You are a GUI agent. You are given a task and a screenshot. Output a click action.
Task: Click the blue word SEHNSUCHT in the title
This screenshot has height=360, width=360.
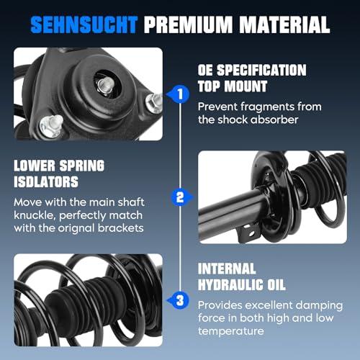(x=84, y=24)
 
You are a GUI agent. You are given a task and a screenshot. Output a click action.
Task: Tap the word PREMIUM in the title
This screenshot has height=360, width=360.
(x=189, y=24)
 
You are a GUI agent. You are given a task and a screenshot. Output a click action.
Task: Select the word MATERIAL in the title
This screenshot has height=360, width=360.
(x=285, y=24)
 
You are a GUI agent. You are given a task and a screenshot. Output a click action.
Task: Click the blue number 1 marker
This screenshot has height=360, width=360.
(x=179, y=94)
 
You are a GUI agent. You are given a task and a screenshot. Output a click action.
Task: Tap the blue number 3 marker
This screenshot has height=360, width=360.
(x=179, y=300)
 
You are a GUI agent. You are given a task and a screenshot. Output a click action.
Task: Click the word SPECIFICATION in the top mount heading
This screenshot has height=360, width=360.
(x=261, y=70)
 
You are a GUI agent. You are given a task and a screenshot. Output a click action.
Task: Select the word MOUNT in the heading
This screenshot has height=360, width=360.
(x=246, y=86)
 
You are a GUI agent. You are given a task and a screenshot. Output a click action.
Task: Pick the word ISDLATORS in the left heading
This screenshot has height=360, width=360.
(x=46, y=181)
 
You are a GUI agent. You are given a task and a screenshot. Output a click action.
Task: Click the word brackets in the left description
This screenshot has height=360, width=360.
(x=121, y=228)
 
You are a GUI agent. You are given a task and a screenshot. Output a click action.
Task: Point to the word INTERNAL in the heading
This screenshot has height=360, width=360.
(x=227, y=269)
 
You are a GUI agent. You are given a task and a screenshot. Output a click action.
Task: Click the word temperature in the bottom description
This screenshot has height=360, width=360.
(x=231, y=331)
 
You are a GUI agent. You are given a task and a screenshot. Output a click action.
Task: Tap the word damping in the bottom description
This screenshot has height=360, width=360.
(x=319, y=306)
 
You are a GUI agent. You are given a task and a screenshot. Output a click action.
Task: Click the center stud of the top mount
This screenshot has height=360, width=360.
(x=106, y=85)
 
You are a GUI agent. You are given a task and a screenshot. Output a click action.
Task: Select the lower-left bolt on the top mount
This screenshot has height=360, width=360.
(x=51, y=126)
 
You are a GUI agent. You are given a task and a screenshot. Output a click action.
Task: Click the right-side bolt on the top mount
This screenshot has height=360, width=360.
(x=154, y=103)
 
